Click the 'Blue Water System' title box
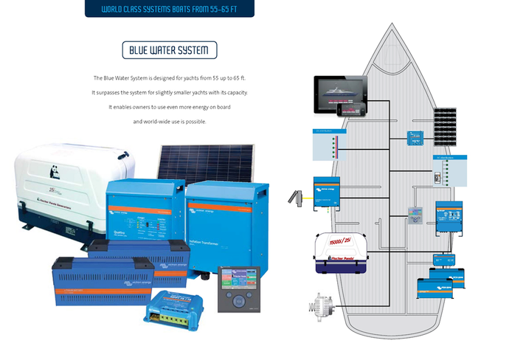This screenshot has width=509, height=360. tap(169, 50)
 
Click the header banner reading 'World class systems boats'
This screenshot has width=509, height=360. tap(169, 9)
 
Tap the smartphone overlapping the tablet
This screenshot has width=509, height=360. tap(346, 109)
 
